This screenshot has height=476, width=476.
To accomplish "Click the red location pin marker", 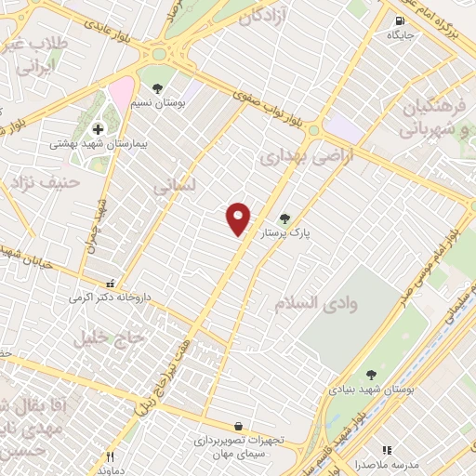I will point(239,218).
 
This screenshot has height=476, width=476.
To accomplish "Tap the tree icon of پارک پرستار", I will point(297,218).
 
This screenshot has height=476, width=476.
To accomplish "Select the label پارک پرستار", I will point(284,235).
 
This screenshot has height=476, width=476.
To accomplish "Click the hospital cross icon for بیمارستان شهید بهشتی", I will point(98,129).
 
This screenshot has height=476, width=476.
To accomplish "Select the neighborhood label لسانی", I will point(176,184).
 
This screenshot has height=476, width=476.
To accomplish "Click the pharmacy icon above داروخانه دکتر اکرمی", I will point(110,284).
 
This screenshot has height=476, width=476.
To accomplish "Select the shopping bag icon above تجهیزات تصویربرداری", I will point(240,425).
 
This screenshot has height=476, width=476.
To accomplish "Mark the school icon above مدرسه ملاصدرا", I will point(387,450).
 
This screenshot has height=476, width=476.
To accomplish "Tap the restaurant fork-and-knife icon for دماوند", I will point(110,456).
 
